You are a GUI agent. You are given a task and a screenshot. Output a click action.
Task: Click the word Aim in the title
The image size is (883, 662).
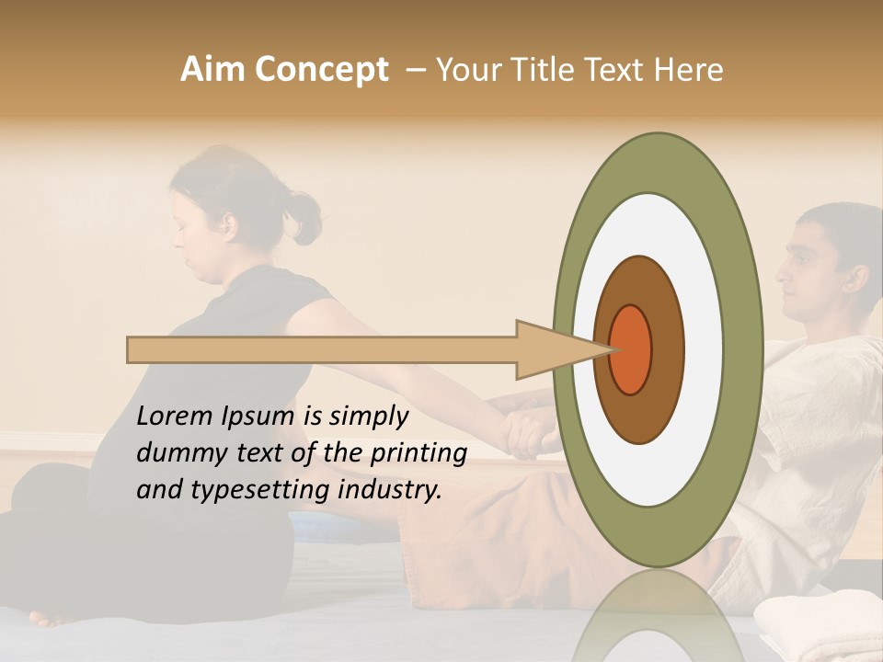213,70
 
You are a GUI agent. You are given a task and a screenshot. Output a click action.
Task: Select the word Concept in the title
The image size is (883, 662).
321,70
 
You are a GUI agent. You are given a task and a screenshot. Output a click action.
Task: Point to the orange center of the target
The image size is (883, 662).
630,349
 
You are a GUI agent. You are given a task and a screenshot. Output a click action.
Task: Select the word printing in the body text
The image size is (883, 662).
419,453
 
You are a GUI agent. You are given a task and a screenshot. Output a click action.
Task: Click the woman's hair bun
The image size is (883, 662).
304,217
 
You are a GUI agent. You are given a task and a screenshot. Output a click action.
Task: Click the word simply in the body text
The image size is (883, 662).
369,417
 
